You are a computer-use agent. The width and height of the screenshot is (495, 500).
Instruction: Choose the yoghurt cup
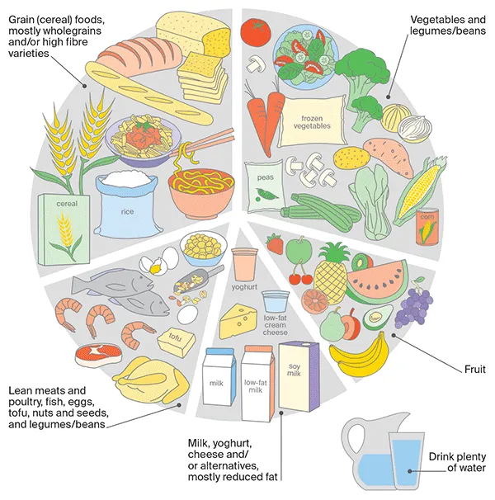point(245,267)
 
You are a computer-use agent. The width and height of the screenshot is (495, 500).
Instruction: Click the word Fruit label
point(474,370)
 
